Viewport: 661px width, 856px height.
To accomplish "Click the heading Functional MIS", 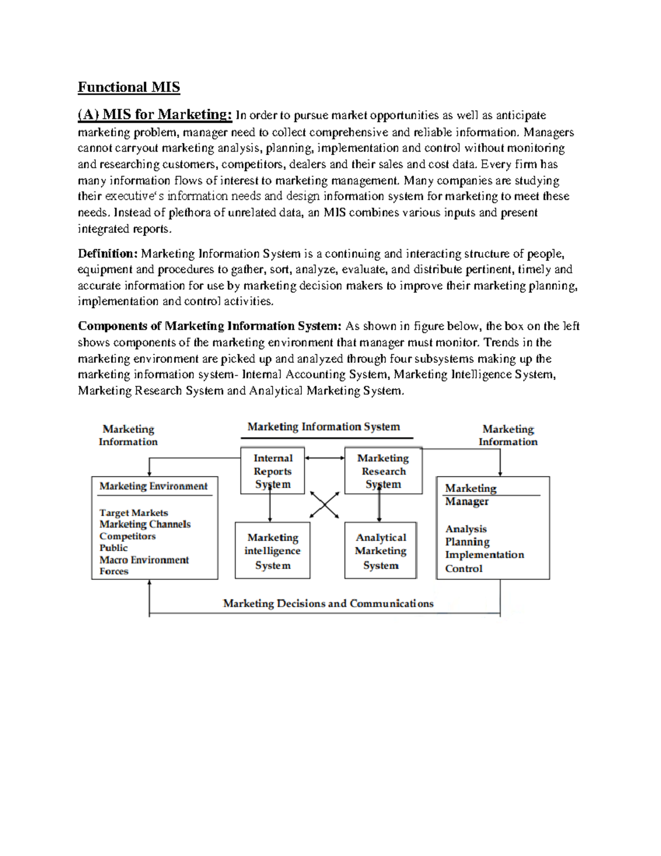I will click(x=128, y=87).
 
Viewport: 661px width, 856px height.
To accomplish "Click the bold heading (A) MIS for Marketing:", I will click(x=155, y=115).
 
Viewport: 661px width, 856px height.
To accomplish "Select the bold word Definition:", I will click(x=107, y=254).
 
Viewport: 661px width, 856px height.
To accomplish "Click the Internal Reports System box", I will click(x=273, y=471).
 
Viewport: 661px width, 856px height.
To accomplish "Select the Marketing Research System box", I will click(x=383, y=471).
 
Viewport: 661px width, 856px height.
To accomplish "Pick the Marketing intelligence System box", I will click(x=273, y=551).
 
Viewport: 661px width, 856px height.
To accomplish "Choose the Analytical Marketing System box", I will click(x=381, y=551).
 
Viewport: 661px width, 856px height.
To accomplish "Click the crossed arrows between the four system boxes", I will click(x=324, y=504).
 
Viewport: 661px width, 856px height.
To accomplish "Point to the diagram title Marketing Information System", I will click(x=324, y=427).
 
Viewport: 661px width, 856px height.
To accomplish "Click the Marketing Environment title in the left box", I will click(x=153, y=486).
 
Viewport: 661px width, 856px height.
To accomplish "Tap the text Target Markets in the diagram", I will click(x=133, y=513).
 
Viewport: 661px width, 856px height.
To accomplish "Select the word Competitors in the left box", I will click(x=127, y=536).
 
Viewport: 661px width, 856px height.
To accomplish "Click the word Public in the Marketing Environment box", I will click(x=113, y=547).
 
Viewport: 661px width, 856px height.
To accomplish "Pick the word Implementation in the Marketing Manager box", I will click(x=484, y=554).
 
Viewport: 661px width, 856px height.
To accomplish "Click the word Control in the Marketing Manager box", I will click(x=463, y=568).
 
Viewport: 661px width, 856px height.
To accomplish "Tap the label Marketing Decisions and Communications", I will click(x=328, y=603).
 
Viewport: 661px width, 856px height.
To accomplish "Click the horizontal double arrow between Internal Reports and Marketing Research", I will click(x=324, y=457).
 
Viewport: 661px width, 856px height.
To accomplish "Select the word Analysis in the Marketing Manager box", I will click(x=466, y=529).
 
